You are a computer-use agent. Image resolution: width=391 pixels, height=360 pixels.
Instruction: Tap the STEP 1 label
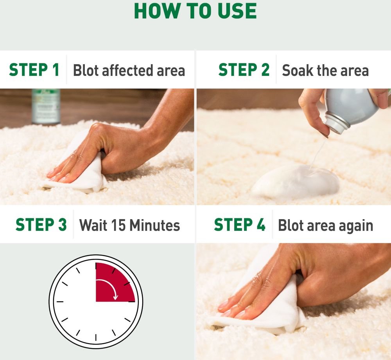[34, 70]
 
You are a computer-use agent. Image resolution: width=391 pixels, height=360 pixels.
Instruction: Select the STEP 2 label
[244, 70]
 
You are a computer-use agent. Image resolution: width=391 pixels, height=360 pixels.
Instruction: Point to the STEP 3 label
[41, 225]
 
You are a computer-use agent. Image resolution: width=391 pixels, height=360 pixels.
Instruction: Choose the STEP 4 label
[240, 225]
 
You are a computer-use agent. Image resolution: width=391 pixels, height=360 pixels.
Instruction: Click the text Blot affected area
[129, 71]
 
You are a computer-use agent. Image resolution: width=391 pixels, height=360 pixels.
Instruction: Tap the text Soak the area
[325, 71]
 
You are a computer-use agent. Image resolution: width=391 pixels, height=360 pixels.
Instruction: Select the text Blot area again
[325, 226]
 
